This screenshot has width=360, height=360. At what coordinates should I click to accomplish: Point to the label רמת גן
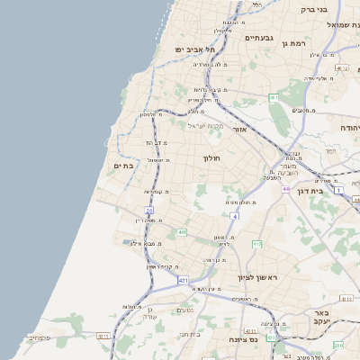pyautogui.click(x=295, y=42)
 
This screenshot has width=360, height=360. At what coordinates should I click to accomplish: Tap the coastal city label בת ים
pyautogui.click(x=123, y=166)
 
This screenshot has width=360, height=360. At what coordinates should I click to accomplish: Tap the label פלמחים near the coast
pyautogui.click(x=38, y=338)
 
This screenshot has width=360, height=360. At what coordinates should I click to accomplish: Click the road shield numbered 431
pyautogui.click(x=183, y=281)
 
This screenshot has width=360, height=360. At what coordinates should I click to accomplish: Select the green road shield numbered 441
pyautogui.click(x=182, y=232)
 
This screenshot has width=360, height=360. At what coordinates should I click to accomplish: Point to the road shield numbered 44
pyautogui.click(x=285, y=189)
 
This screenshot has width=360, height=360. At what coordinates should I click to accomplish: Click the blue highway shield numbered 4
pyautogui.click(x=234, y=216)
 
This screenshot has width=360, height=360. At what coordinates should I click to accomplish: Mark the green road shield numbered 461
pyautogui.click(x=273, y=96)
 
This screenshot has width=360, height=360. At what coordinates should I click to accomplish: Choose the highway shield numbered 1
pyautogui.click(x=337, y=189)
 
